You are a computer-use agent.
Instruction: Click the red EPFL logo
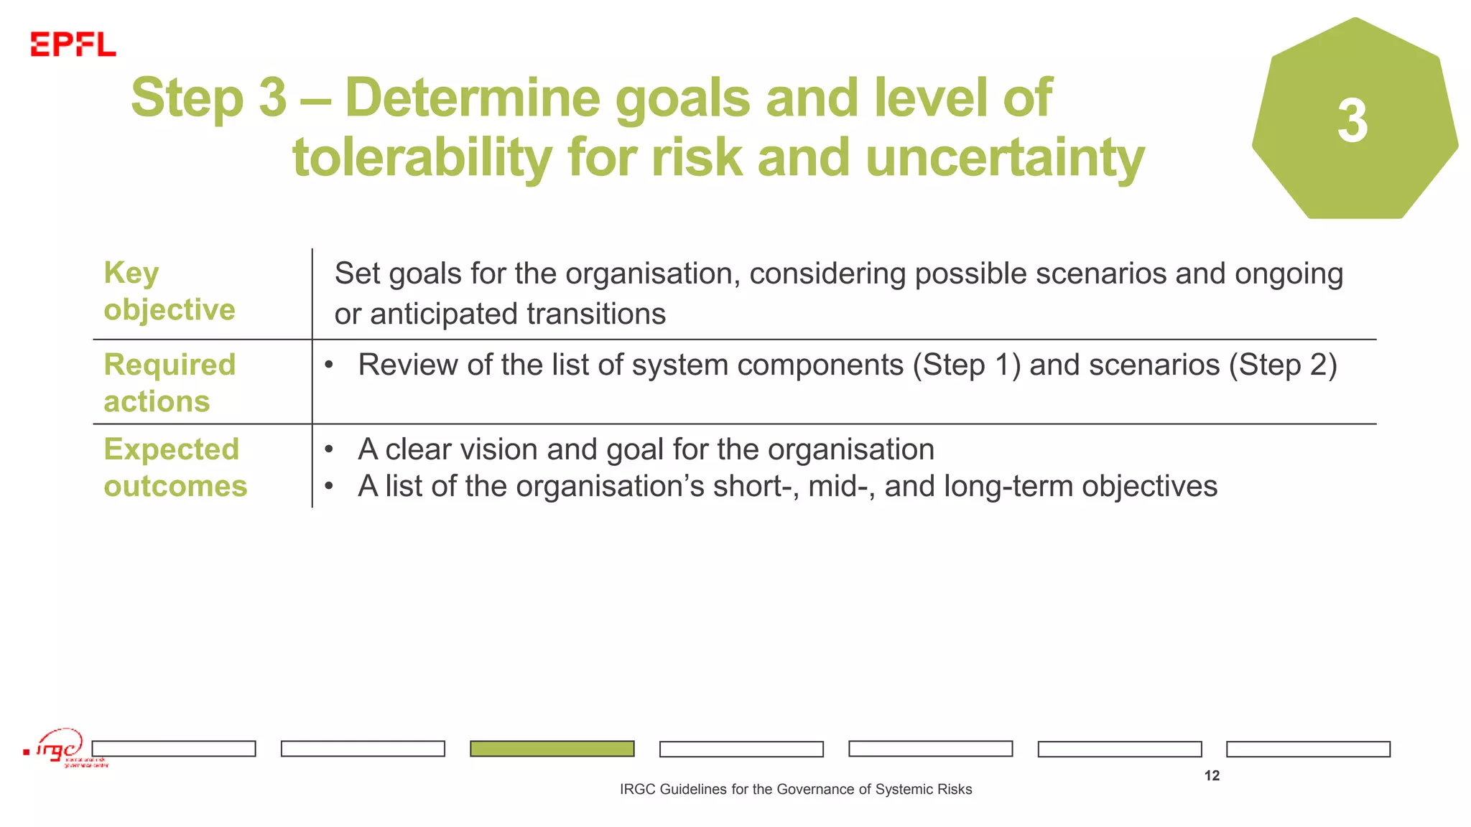73,45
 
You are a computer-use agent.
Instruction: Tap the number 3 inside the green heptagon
1352,121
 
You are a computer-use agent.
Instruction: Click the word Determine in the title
472,98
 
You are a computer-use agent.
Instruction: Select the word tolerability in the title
422,158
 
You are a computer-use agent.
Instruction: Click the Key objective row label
169,291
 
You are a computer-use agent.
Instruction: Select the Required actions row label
169,383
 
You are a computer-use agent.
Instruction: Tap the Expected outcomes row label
175,467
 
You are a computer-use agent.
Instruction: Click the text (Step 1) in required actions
966,365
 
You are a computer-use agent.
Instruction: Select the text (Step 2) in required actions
1282,365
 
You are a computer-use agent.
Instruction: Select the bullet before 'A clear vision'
329,450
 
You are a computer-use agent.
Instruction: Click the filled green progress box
552,749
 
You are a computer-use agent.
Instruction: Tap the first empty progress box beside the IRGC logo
174,749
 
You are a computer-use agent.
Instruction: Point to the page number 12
1212,775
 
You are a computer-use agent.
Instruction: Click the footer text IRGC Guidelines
795,789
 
